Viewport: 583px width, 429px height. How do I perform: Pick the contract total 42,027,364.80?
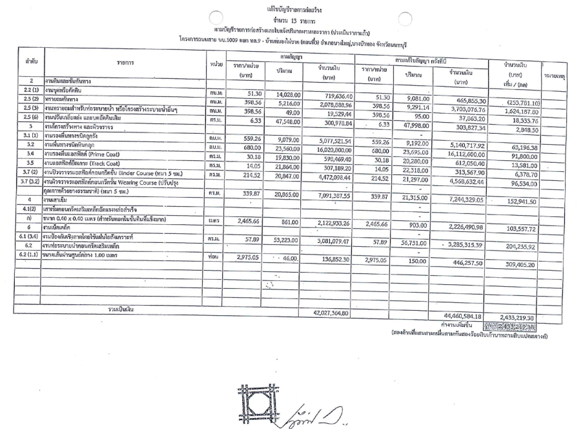coord(329,313)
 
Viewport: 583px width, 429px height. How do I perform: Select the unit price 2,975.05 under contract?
coord(238,257)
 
